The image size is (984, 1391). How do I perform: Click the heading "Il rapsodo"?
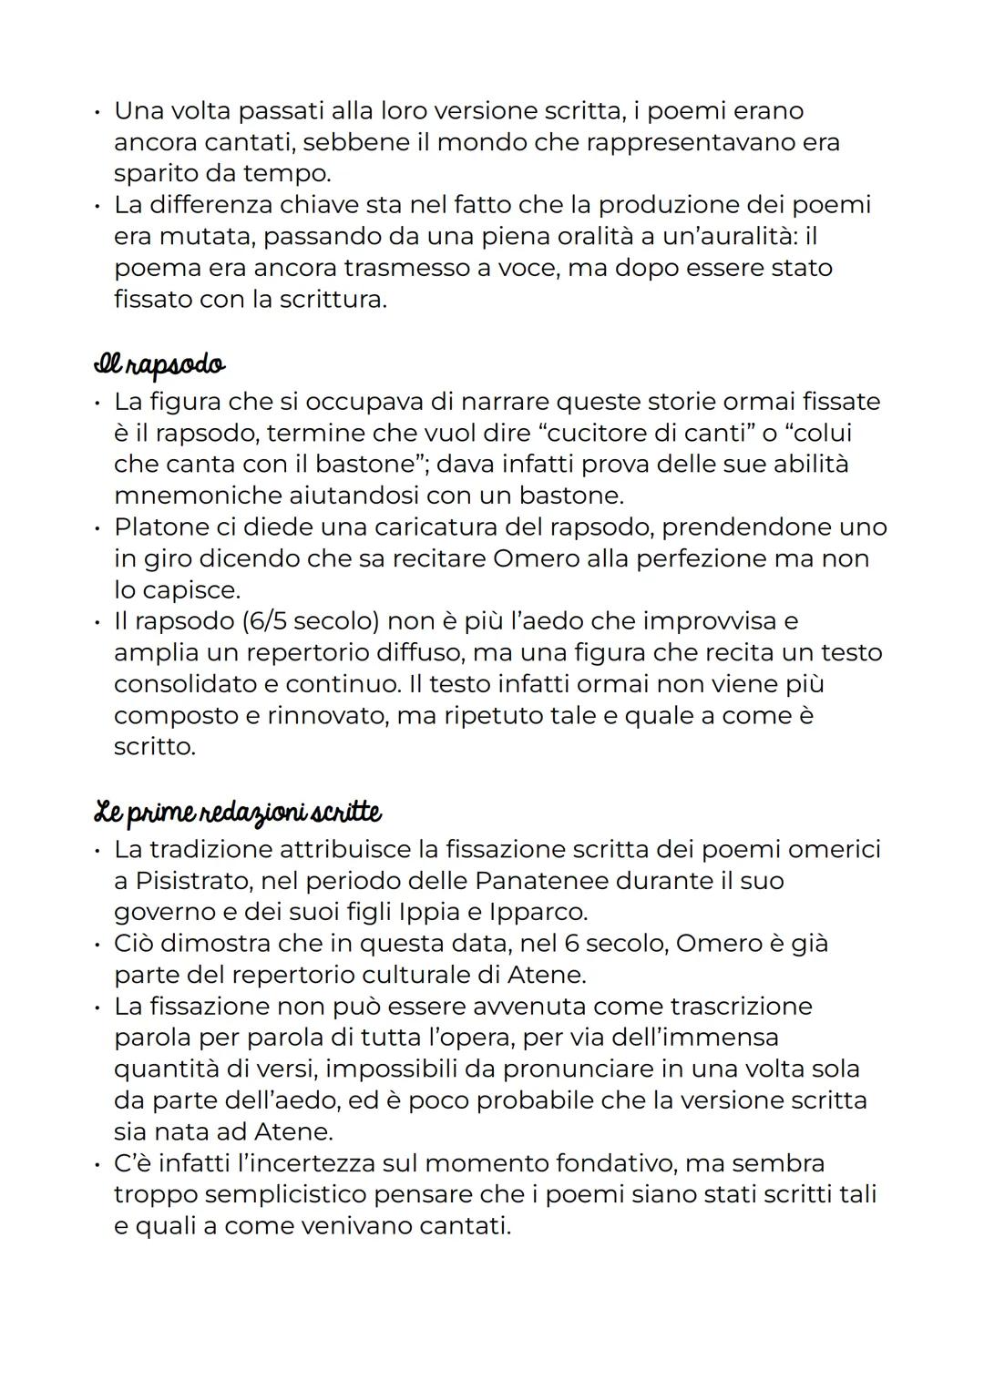[x=159, y=364]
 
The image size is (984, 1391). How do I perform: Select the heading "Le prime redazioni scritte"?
[x=238, y=812]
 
